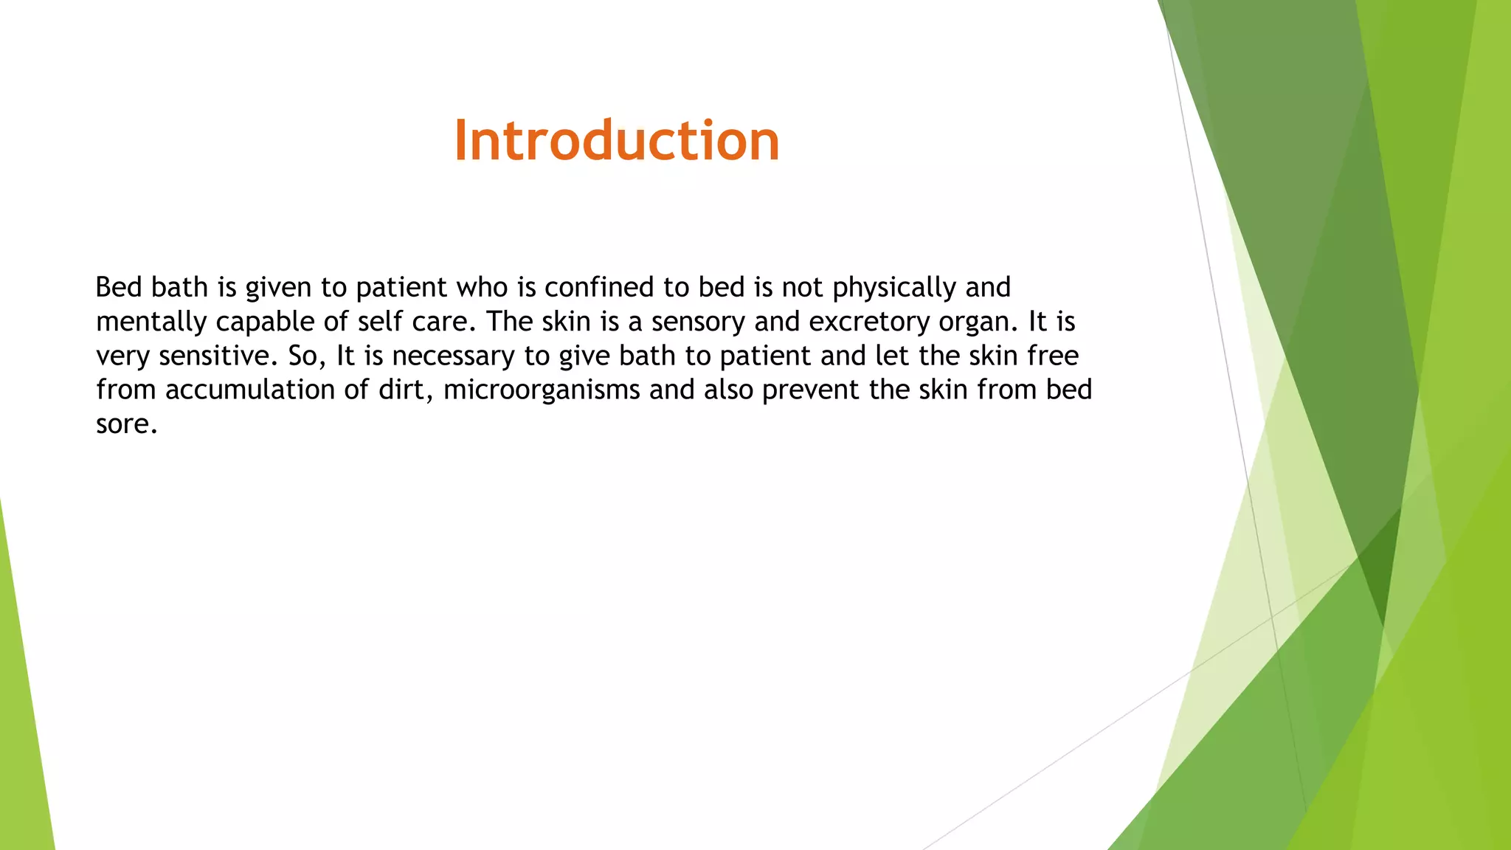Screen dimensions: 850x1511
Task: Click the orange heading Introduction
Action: click(x=617, y=140)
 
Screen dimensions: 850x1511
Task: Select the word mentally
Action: click(x=151, y=322)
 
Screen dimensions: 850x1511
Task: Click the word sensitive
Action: click(x=218, y=356)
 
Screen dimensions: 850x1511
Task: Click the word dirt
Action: click(x=406, y=390)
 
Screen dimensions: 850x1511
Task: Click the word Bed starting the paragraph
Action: click(x=119, y=287)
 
